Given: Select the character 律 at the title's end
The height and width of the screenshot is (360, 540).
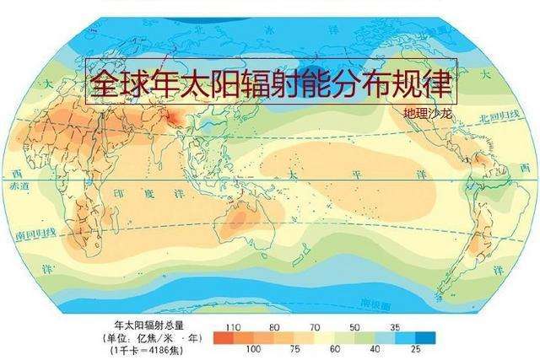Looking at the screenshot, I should [439, 83].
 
